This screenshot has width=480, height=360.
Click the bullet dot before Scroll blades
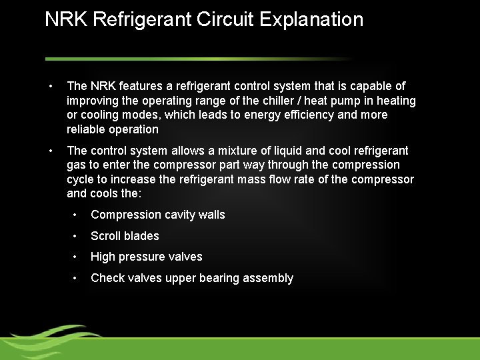tap(77, 236)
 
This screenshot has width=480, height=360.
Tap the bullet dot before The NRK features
tap(50, 86)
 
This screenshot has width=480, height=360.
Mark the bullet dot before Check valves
tap(77, 278)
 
